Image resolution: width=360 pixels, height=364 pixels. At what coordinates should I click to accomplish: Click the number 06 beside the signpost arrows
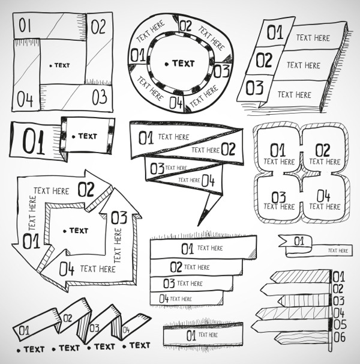340,338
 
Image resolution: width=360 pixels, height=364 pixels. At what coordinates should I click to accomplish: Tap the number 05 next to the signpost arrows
340,325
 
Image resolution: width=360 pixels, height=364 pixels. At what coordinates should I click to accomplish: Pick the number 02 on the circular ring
185,26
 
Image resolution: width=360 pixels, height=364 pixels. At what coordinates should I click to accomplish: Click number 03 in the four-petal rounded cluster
278,197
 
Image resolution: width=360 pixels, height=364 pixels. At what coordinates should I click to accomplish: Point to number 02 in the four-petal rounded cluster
322,150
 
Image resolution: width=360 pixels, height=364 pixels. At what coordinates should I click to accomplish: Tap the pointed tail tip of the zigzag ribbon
200,223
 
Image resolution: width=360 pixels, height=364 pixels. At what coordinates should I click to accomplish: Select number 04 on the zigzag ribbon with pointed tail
208,180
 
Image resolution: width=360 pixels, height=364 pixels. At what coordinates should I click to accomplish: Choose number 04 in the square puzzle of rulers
25,99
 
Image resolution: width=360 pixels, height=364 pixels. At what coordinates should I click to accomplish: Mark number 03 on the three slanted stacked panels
254,88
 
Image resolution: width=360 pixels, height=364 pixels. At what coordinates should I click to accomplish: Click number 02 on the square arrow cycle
86,190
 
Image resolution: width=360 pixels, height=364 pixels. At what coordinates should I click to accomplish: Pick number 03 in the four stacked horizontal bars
169,283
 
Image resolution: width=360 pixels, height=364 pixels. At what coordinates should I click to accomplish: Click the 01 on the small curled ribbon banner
299,241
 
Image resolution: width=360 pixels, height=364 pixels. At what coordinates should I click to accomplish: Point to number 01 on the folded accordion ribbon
23,330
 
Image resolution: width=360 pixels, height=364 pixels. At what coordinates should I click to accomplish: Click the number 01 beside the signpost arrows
339,277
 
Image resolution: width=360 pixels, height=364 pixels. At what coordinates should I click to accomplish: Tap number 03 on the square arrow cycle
119,217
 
